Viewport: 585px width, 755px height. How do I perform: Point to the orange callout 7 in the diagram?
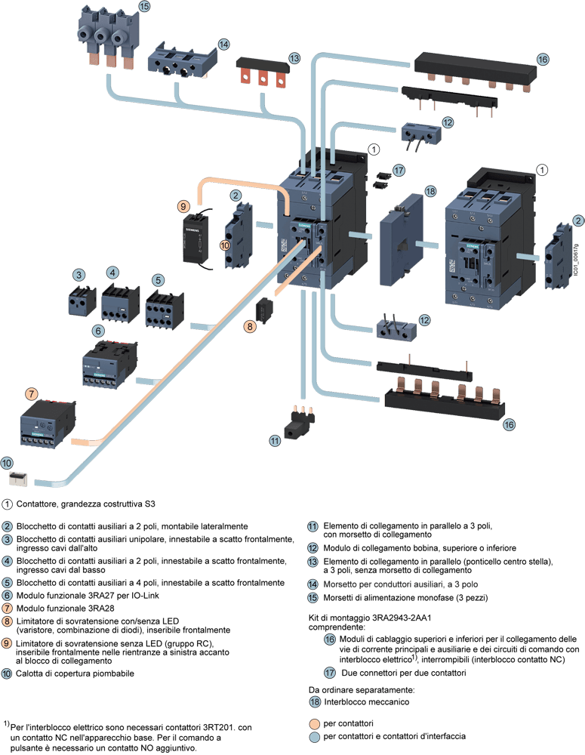[31, 393]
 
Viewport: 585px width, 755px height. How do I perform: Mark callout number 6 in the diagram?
[98, 331]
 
